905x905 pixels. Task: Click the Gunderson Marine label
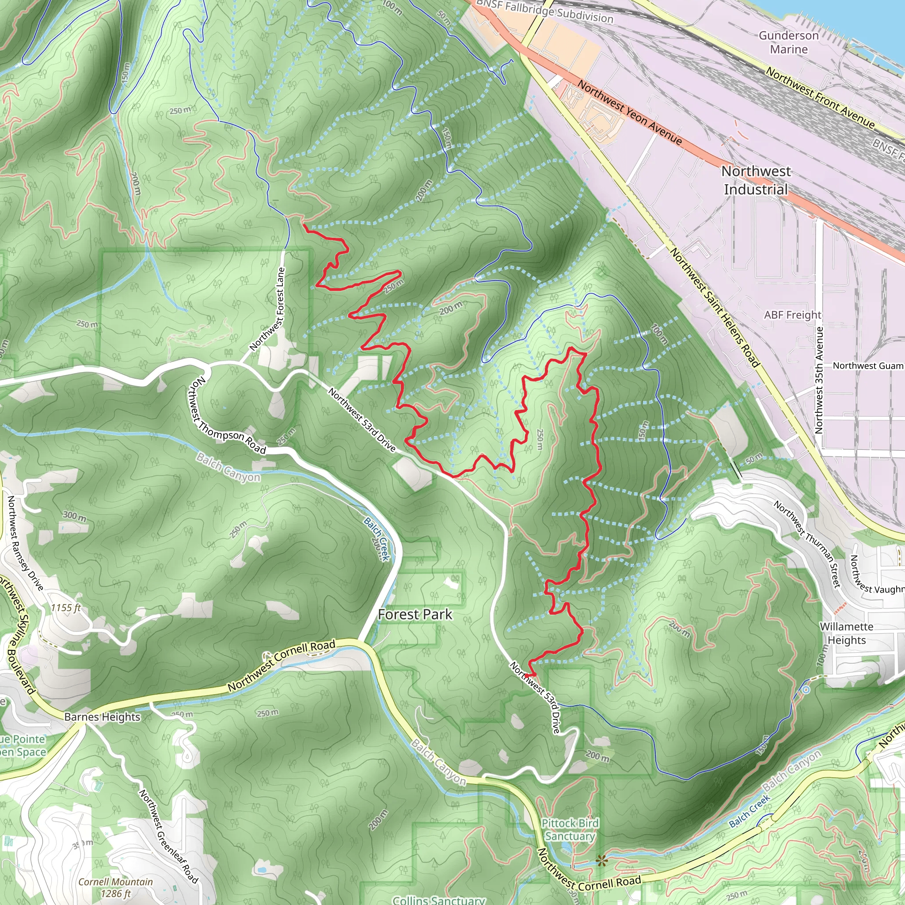click(x=789, y=42)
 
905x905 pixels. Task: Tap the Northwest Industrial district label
click(x=756, y=180)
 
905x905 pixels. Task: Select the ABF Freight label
click(x=793, y=315)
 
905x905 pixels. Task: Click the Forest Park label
click(x=415, y=615)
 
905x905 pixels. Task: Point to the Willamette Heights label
click(x=846, y=633)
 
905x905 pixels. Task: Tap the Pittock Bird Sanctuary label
click(x=570, y=829)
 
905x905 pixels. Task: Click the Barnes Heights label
click(x=102, y=717)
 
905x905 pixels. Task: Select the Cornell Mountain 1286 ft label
click(x=115, y=888)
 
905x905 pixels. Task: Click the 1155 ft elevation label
click(x=65, y=608)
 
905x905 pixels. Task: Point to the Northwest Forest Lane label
click(x=267, y=309)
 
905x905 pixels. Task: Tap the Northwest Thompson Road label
click(x=228, y=416)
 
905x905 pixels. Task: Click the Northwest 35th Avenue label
click(x=819, y=380)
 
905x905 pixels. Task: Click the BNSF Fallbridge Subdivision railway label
click(x=544, y=11)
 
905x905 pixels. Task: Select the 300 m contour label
click(x=75, y=516)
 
